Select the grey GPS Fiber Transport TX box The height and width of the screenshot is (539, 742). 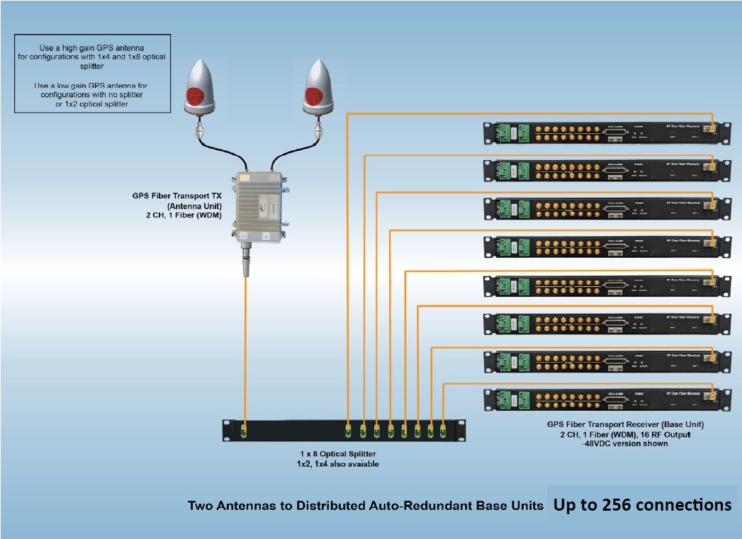point(262,206)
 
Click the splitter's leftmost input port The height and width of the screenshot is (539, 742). point(245,431)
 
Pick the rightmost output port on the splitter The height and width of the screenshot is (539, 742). point(444,430)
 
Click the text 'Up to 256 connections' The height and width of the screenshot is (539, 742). point(642,505)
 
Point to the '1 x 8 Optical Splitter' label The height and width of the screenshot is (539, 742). point(337,453)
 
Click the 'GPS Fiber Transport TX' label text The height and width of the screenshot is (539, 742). point(176,196)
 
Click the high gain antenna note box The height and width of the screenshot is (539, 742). point(93,74)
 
